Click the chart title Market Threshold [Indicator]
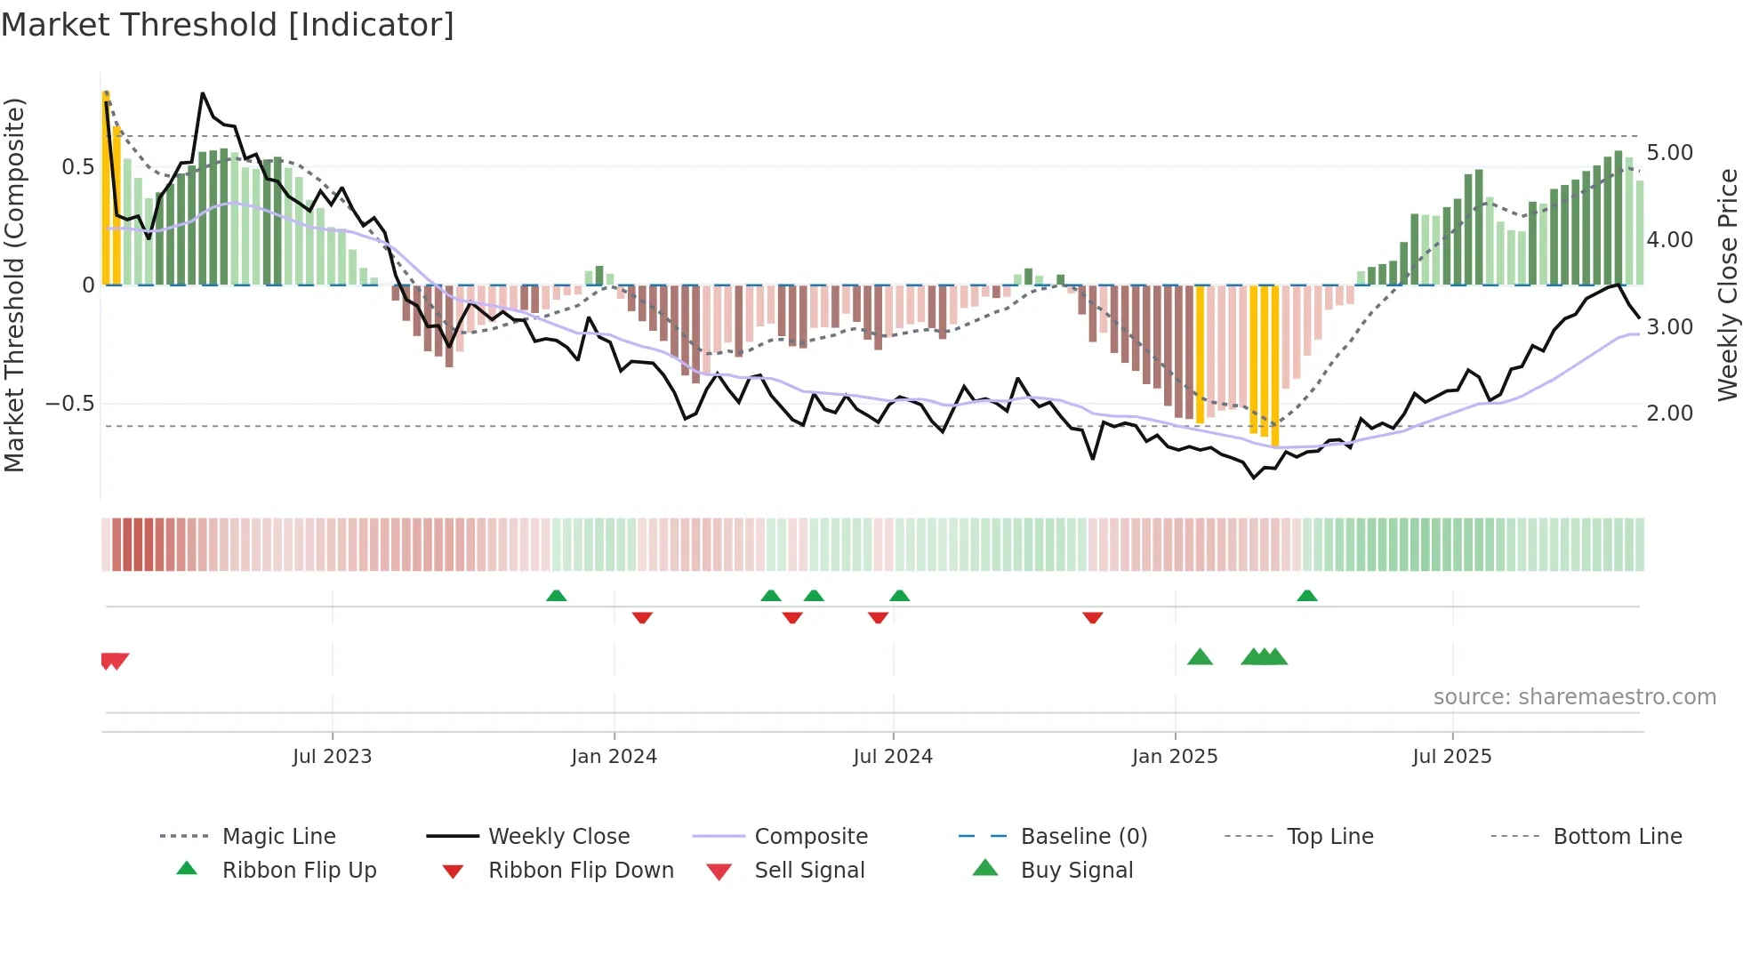pos(228,25)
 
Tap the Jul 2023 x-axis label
pos(332,757)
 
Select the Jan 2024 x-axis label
pos(614,757)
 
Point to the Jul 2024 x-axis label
pos(893,757)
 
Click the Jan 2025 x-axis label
pos(1175,757)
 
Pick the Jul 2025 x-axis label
pos(1451,757)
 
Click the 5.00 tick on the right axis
pos(1669,153)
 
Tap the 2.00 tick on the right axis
pos(1669,414)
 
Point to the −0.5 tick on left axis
pos(69,404)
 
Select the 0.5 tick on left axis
pos(77,167)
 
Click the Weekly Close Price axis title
pos(1727,285)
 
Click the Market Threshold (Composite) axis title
pos(15,285)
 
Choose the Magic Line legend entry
pos(278,837)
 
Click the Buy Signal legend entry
pos(1076,871)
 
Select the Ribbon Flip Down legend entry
pos(580,871)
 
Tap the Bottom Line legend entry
pos(1617,837)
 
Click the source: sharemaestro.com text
pos(1574,697)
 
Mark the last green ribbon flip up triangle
pos(1306,596)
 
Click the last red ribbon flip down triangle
pos(1093,617)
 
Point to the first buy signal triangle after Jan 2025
pos(1200,657)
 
